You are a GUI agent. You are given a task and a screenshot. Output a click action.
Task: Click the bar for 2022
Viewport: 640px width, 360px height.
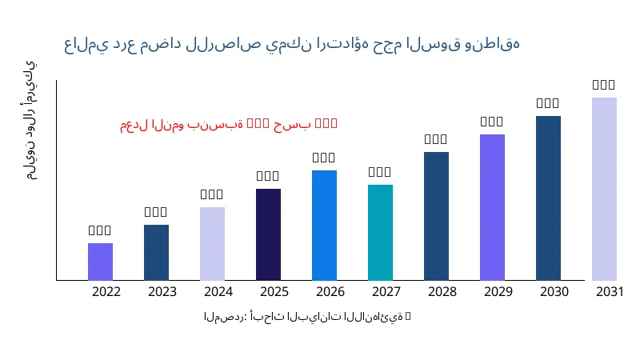pos(100,262)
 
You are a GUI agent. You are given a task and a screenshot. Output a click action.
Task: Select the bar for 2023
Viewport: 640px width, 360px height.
pos(156,252)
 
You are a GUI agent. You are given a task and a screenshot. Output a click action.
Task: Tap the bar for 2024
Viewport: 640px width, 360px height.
pos(212,243)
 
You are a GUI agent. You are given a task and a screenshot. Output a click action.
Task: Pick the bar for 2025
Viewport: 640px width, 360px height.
pos(268,234)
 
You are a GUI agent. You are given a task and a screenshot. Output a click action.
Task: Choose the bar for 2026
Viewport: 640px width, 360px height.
pos(324,225)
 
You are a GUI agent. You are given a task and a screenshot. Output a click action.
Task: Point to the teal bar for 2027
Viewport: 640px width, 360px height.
pos(380,232)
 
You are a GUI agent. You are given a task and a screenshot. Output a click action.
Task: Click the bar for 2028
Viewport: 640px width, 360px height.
pos(436,216)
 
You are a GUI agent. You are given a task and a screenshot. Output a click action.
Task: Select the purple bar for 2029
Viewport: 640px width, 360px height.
pos(492,207)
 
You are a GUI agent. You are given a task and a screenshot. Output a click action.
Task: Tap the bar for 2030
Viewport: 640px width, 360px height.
pos(548,198)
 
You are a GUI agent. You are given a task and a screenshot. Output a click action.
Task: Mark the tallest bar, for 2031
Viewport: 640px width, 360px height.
pos(604,189)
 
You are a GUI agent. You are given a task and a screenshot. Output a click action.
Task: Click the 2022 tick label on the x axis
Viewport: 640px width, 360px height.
pos(106,291)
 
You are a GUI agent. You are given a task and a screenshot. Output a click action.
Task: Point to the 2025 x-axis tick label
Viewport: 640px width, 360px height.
pos(274,291)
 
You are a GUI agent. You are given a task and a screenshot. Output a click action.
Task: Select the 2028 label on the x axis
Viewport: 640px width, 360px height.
pos(442,291)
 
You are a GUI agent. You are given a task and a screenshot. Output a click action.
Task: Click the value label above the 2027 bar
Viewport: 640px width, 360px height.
pos(380,172)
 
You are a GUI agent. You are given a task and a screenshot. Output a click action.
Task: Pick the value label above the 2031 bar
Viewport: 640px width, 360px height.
pos(604,85)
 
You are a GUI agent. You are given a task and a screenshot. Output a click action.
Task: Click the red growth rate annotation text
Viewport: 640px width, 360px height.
pos(229,124)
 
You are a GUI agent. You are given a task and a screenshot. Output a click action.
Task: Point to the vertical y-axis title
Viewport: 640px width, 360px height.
pos(30,120)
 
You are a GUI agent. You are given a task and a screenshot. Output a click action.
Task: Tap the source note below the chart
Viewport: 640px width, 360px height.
pos(307,317)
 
